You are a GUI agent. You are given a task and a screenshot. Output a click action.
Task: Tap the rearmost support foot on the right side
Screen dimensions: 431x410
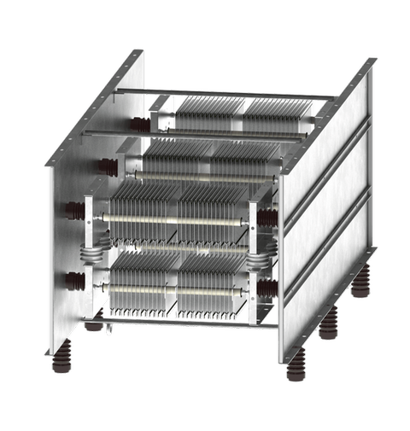pos(362,282)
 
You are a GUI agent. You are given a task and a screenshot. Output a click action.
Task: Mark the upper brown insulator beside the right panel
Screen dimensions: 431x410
pos(267,218)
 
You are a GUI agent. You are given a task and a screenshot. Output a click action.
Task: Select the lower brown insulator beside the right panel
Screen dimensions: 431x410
pos(266,288)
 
